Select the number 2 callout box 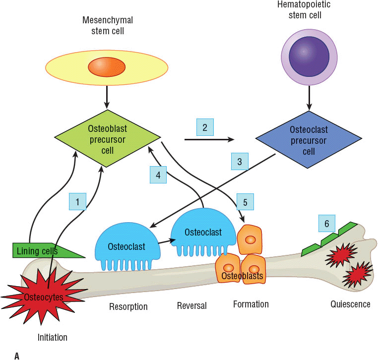205,127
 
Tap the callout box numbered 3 239,162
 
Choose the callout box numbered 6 327,224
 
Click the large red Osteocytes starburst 38,297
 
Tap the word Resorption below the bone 128,306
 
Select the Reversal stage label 191,306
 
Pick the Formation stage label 251,304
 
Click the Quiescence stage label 350,304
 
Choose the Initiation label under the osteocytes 52,337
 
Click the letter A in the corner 17,355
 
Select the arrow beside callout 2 208,140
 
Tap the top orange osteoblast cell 250,240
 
